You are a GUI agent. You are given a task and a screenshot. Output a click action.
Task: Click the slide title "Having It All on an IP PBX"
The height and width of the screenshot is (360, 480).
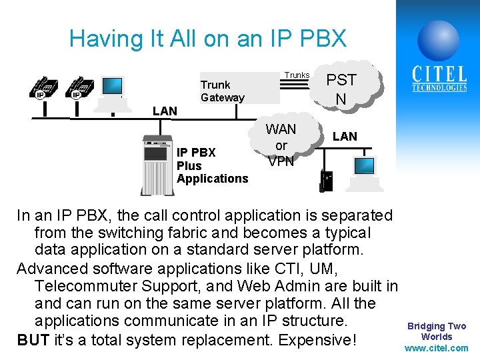coord(208,39)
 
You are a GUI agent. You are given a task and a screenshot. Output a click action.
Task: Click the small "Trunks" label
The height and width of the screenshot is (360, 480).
coord(297,75)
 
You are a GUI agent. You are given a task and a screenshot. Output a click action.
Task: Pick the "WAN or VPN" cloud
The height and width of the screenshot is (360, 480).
coord(281,145)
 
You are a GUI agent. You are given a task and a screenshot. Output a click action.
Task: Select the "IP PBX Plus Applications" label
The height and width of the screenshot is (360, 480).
coord(212,165)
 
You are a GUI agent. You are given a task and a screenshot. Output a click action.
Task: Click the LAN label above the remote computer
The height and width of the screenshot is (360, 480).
coord(345,136)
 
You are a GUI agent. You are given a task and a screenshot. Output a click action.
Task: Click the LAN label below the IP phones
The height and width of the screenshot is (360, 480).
coord(165,111)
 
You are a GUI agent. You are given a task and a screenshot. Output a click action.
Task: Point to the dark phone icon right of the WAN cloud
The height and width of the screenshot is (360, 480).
coord(327,180)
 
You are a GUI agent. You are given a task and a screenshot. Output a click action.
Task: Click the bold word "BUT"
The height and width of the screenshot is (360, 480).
coord(33,340)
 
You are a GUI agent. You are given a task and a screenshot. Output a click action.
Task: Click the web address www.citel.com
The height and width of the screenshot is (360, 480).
coord(437,348)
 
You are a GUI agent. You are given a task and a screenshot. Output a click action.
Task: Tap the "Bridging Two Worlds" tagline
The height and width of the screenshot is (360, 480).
coord(437,331)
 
